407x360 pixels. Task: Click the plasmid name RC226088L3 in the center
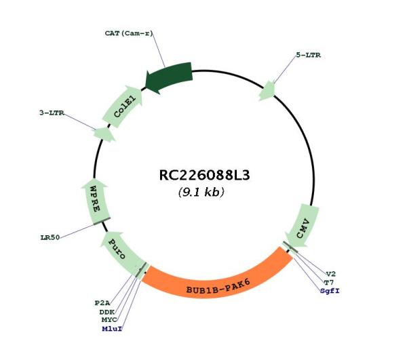click(204, 176)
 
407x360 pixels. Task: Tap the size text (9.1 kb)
click(201, 192)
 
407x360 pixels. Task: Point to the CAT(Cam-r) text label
click(129, 33)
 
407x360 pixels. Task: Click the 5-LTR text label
click(309, 55)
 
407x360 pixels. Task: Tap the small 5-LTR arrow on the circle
click(267, 91)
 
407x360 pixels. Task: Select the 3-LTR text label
click(52, 113)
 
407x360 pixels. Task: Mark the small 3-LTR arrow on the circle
click(104, 135)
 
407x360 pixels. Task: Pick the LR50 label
click(50, 237)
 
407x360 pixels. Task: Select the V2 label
click(331, 274)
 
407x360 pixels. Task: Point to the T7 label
click(329, 283)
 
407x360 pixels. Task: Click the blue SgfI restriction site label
click(330, 291)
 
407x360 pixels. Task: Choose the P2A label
click(102, 303)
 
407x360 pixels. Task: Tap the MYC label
click(109, 320)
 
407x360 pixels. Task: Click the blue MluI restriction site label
click(112, 329)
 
